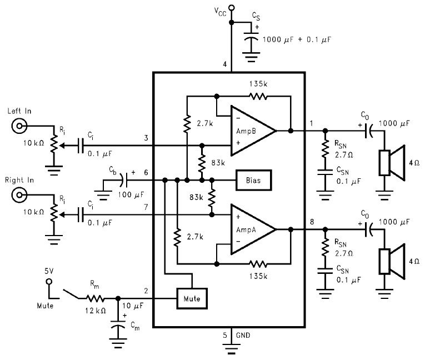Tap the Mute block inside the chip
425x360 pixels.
[x=192, y=299]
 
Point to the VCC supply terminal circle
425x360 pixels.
[x=232, y=8]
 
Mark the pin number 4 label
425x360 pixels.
[x=225, y=65]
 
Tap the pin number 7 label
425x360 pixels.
[x=146, y=207]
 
